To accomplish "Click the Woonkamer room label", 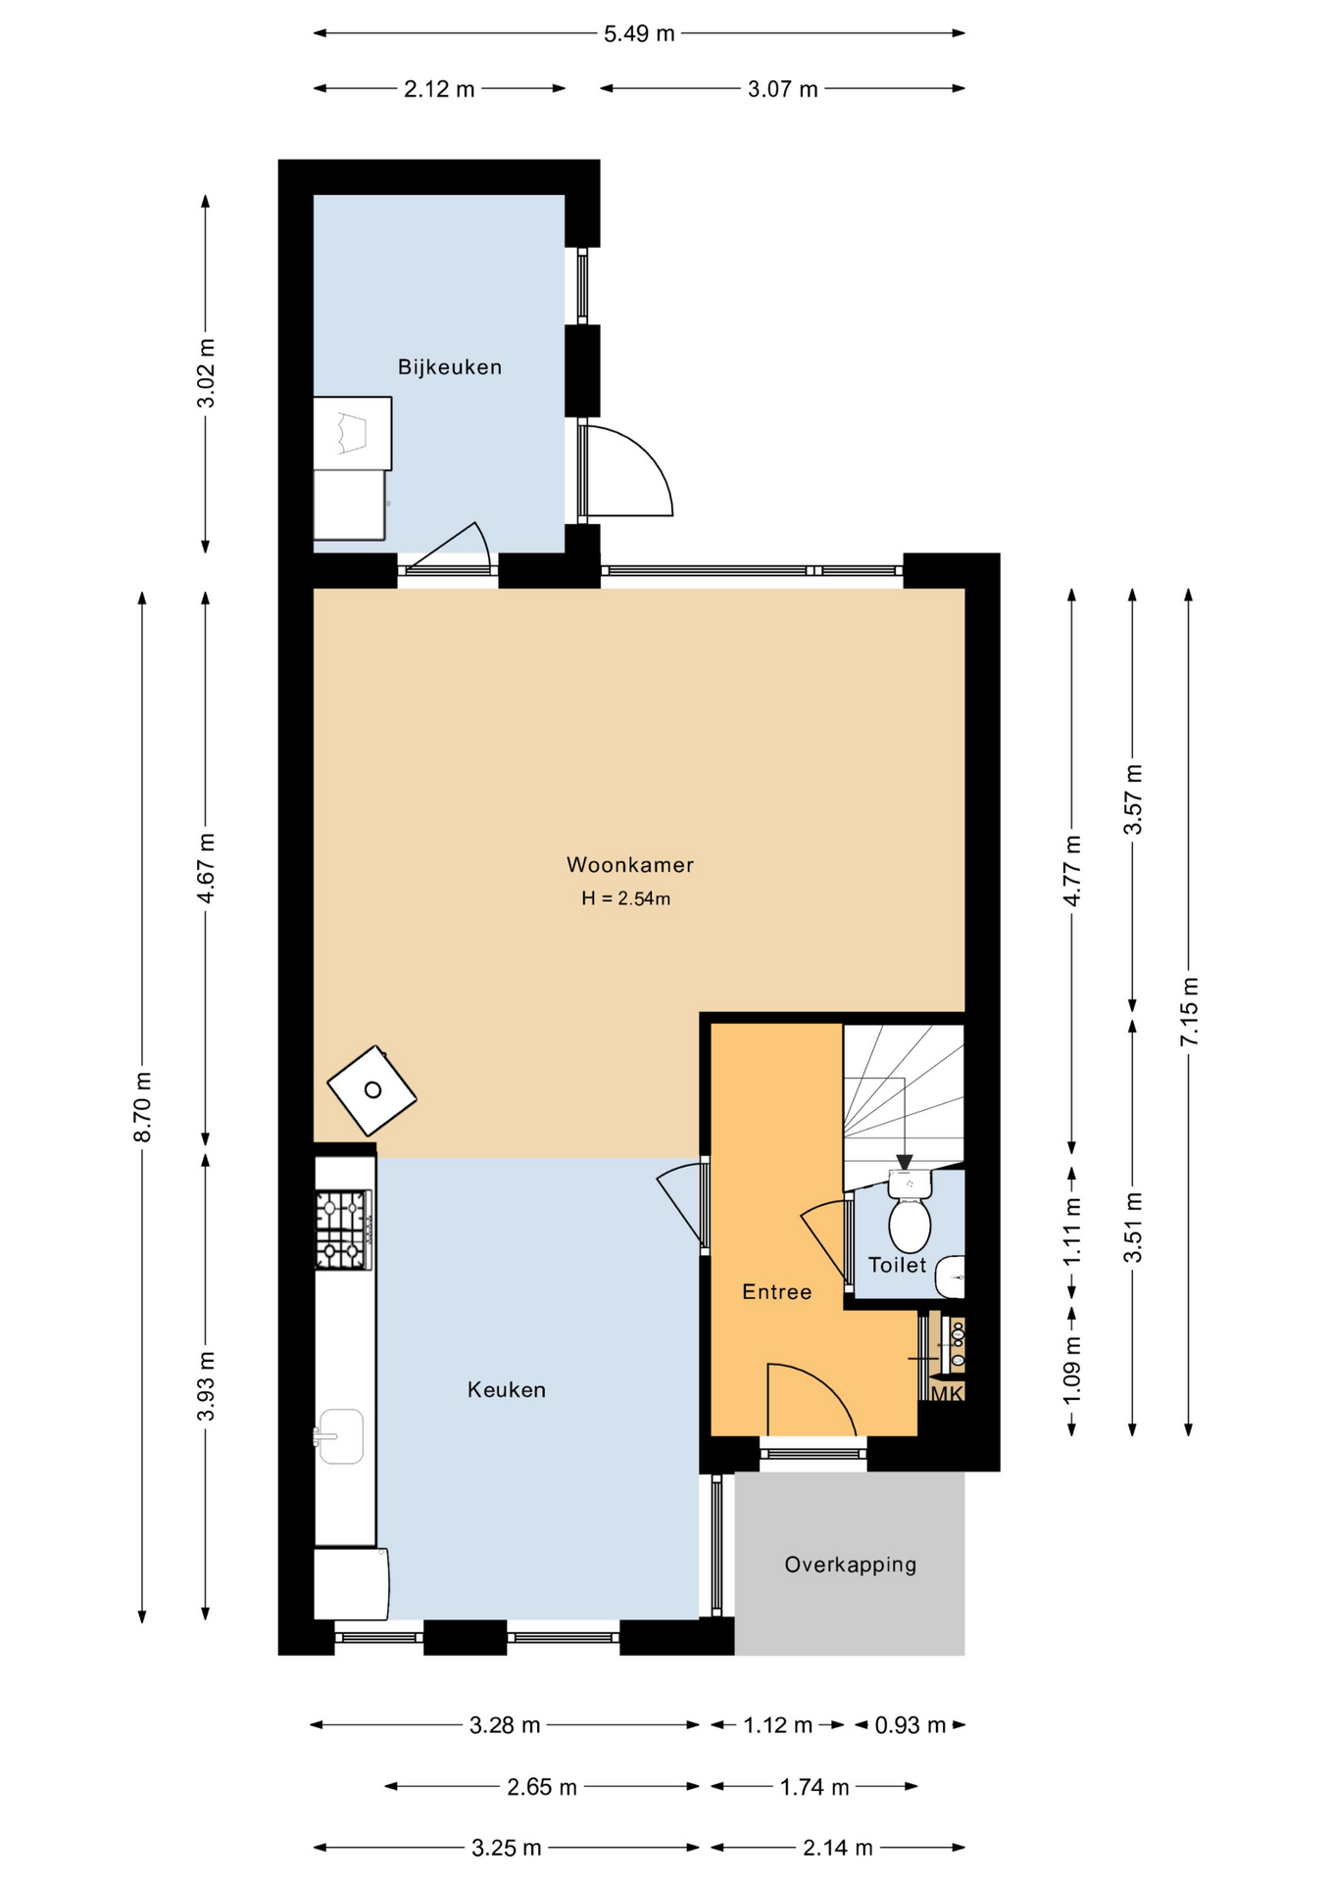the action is (630, 865).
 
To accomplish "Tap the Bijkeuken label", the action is (450, 367).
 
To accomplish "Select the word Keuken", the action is (507, 1390).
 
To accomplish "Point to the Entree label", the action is (777, 1292).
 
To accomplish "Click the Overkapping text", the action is (851, 1565).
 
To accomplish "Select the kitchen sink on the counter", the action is (339, 1436).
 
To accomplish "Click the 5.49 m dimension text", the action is (639, 34).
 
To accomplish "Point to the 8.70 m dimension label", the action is (143, 1107).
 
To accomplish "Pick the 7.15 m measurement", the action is (1189, 1011).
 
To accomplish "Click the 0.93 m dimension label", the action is (911, 1725).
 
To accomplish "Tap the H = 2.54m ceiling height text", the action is (626, 898).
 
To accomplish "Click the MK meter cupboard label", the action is (947, 1393).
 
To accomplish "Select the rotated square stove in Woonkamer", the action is (371, 1090).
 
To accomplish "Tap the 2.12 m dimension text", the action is (439, 89).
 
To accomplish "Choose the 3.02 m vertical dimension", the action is (206, 373).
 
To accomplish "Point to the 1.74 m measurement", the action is (814, 1787).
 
